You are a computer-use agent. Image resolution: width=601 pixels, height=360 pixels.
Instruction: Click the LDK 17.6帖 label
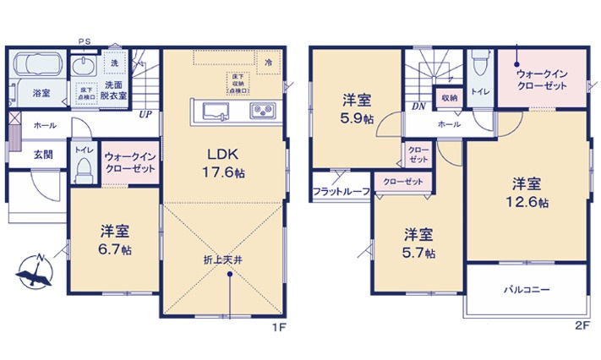pyautogui.click(x=223, y=161)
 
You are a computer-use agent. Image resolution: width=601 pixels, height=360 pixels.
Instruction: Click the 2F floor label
pyautogui.click(x=582, y=325)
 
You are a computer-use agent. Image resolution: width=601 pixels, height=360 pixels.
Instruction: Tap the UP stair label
pyautogui.click(x=145, y=114)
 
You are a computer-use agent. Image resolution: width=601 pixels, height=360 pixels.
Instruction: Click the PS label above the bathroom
pyautogui.click(x=84, y=41)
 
